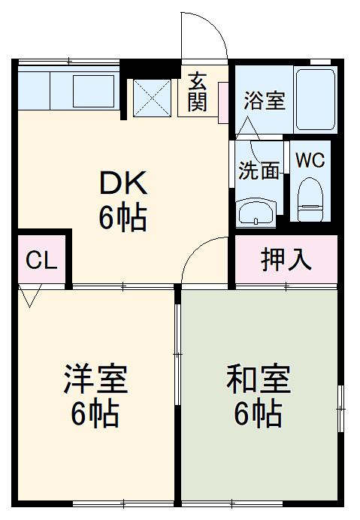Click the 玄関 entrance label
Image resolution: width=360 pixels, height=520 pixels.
pyautogui.click(x=198, y=91)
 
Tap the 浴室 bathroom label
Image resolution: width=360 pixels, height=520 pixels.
pyautogui.click(x=265, y=101)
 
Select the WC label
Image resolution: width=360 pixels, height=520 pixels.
pyautogui.click(x=310, y=161)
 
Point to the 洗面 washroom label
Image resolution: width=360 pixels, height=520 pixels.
pyautogui.click(x=259, y=171)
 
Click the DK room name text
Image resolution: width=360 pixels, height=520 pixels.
pyautogui.click(x=124, y=183)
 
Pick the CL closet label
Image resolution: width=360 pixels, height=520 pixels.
pyautogui.click(x=42, y=260)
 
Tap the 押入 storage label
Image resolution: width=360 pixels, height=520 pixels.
pyautogui.click(x=286, y=259)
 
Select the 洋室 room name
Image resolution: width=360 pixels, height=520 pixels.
pyautogui.click(x=95, y=380)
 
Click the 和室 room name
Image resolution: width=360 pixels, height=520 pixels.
pyautogui.click(x=259, y=380)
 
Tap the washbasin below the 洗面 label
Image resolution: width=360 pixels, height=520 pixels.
pyautogui.click(x=256, y=213)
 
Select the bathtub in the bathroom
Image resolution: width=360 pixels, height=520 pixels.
pyautogui.click(x=315, y=99)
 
